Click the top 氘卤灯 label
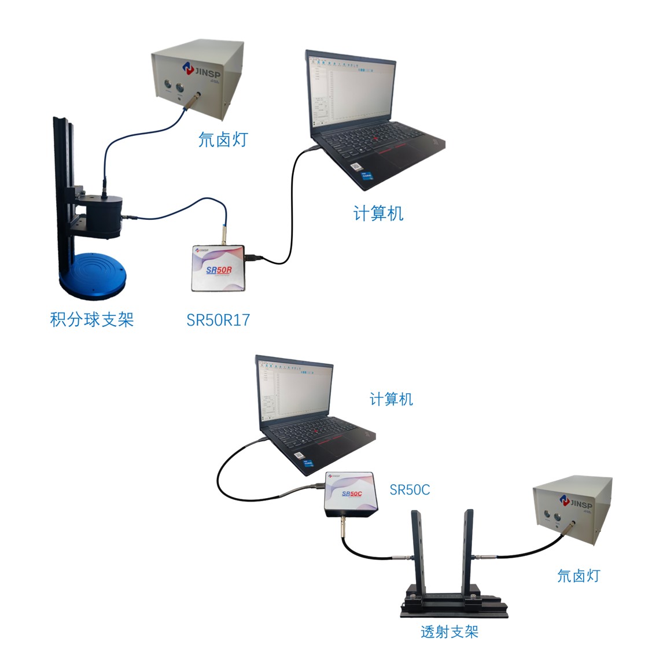(x=223, y=139)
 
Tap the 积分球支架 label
(x=92, y=319)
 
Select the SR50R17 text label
(x=218, y=320)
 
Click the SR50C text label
(x=410, y=490)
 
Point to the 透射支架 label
(x=449, y=632)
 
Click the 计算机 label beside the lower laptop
(x=391, y=399)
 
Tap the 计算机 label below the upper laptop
(x=378, y=214)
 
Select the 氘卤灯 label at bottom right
(x=578, y=576)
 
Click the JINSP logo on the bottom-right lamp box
(x=574, y=502)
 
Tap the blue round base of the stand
(x=92, y=275)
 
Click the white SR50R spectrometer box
(x=218, y=268)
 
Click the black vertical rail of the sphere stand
(x=61, y=174)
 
